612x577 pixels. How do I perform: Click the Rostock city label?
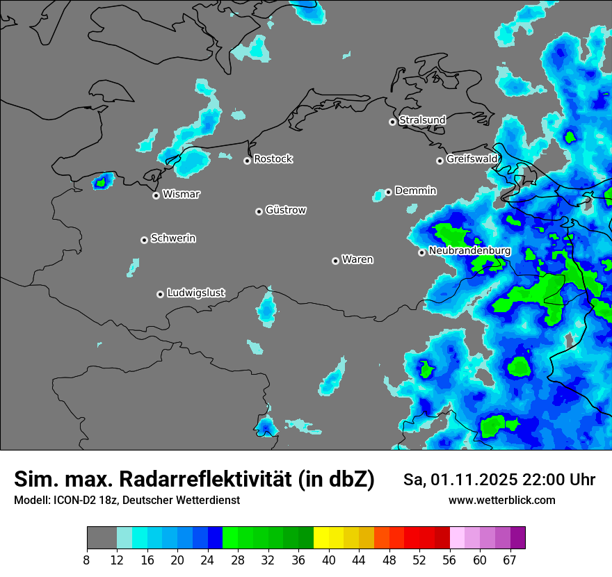click(x=273, y=159)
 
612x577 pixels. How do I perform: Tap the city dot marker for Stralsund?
click(x=392, y=122)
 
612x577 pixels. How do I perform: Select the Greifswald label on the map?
click(x=472, y=159)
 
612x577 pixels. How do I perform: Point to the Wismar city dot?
click(x=156, y=195)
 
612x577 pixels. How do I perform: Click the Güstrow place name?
click(x=286, y=210)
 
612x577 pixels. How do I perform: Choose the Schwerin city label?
click(x=173, y=238)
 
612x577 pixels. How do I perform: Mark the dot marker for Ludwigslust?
click(x=160, y=294)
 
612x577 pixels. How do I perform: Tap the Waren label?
click(x=357, y=260)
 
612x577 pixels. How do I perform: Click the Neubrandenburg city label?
click(x=470, y=251)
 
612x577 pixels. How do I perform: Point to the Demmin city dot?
click(x=388, y=192)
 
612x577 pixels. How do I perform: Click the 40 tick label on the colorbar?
click(x=329, y=560)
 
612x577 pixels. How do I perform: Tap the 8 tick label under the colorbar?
click(x=87, y=560)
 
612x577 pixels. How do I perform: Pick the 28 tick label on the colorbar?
click(x=238, y=560)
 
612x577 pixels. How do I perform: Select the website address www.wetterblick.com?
click(x=501, y=501)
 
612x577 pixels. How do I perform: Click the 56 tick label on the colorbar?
click(x=450, y=560)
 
